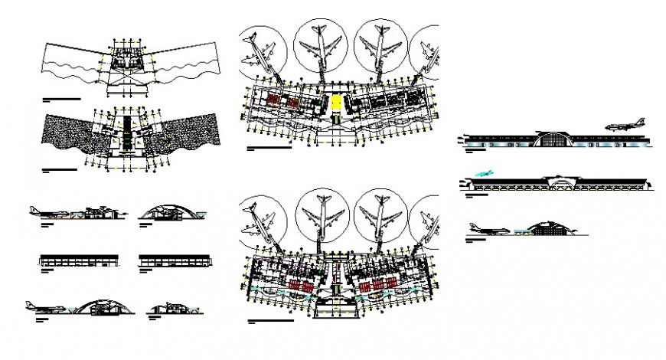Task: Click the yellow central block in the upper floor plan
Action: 336,102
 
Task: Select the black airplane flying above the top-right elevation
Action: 622,126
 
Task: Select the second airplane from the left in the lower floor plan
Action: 321,214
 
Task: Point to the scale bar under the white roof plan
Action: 61,100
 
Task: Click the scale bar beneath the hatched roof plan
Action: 60,169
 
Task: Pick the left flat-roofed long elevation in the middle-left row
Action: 80,260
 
